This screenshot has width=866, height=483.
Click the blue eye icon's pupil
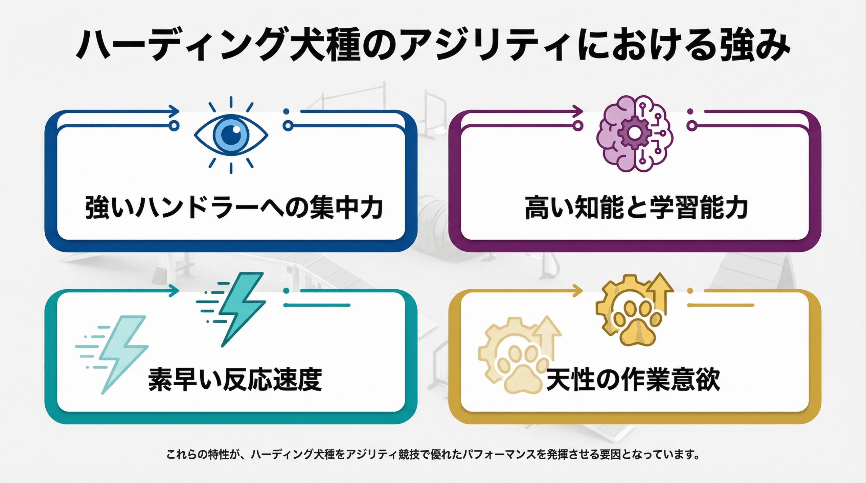click(231, 135)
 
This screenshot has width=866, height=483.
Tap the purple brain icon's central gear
click(634, 133)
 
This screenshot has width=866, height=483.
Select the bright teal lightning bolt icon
click(241, 308)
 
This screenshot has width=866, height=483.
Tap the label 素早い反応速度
click(235, 380)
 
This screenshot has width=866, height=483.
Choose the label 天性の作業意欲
click(633, 380)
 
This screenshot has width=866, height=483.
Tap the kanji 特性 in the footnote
click(219, 454)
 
